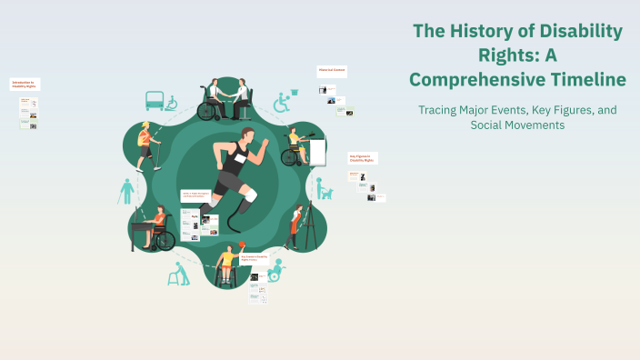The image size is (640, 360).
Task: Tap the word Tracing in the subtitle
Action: [441, 110]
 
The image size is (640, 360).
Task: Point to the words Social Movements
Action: [517, 125]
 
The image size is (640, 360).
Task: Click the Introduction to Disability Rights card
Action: [25, 84]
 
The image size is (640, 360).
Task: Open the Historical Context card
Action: [331, 70]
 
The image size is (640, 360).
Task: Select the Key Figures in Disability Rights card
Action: [363, 157]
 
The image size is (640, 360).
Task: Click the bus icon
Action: [154, 99]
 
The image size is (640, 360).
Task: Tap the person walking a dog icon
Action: [323, 188]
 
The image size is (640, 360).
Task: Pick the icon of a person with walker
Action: [178, 274]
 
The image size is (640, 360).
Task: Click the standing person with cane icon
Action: [125, 192]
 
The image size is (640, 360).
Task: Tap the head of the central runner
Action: [251, 139]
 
